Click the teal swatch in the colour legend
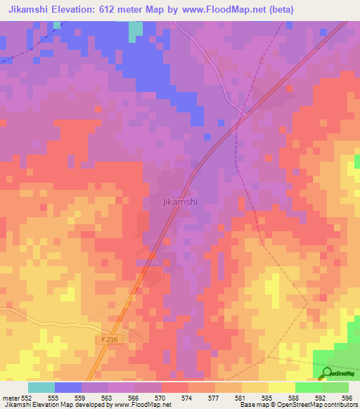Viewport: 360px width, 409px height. [x=41, y=387]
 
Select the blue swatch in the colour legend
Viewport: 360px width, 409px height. [x=67, y=387]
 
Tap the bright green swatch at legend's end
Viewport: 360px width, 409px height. [x=335, y=387]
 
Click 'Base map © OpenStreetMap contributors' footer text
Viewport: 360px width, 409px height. [x=300, y=405]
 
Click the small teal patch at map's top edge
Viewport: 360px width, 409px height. [x=135, y=29]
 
